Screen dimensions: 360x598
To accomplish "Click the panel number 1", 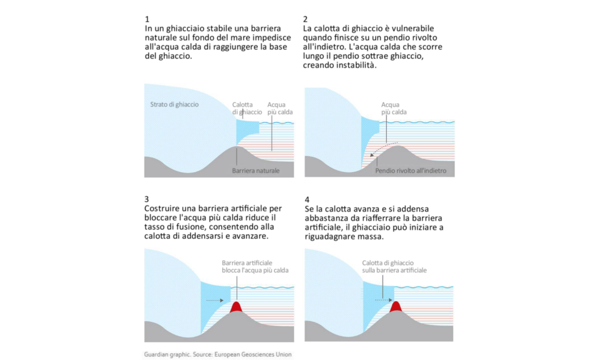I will click(x=147, y=19).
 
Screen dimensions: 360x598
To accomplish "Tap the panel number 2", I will click(x=306, y=19).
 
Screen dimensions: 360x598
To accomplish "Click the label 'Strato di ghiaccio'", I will click(x=174, y=105).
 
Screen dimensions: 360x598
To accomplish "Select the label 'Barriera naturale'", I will click(x=256, y=171).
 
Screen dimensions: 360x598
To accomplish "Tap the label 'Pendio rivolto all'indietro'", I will click(x=411, y=171).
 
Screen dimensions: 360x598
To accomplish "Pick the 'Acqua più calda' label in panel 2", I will click(x=394, y=109).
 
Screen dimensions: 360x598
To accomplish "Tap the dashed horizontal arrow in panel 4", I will click(x=383, y=300).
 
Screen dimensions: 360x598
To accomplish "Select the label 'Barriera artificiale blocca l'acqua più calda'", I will click(x=255, y=267).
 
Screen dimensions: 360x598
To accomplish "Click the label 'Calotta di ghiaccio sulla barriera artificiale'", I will click(x=395, y=266).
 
